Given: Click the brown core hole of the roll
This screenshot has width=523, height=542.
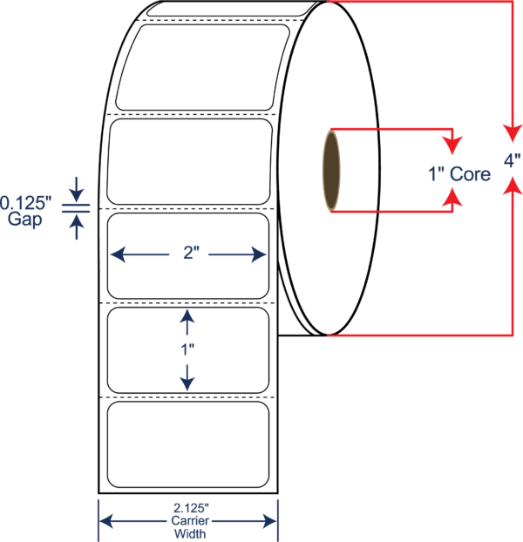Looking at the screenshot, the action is pyautogui.click(x=331, y=171).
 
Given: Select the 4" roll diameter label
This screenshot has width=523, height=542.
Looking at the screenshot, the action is pyautogui.click(x=512, y=160).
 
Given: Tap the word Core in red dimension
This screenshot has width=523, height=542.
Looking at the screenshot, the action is pyautogui.click(x=470, y=174).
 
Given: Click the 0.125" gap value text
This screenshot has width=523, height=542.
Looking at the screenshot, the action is pyautogui.click(x=25, y=203).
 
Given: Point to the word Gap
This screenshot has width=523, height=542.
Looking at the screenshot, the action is pyautogui.click(x=25, y=219).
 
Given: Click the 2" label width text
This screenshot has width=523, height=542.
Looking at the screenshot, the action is pyautogui.click(x=191, y=253).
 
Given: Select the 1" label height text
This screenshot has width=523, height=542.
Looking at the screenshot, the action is pyautogui.click(x=187, y=349).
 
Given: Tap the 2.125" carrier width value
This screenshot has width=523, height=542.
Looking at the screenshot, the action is pyautogui.click(x=191, y=508).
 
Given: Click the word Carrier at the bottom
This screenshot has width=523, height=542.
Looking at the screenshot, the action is pyautogui.click(x=190, y=520).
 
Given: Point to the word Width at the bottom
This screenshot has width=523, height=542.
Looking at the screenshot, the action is pyautogui.click(x=190, y=533).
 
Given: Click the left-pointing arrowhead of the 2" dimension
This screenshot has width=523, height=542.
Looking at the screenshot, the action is pyautogui.click(x=118, y=254).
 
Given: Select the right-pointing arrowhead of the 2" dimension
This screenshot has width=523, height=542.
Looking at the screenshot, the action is pyautogui.click(x=259, y=254).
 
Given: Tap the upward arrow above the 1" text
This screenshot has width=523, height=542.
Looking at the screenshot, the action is pyautogui.click(x=187, y=322).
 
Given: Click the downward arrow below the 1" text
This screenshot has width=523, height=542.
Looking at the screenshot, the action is pyautogui.click(x=187, y=378).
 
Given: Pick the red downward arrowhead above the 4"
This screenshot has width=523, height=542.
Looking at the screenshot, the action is pyautogui.click(x=513, y=133).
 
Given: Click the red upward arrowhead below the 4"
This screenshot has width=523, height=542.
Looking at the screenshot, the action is pyautogui.click(x=513, y=186).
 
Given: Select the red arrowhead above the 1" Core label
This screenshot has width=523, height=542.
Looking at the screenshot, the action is pyautogui.click(x=452, y=146).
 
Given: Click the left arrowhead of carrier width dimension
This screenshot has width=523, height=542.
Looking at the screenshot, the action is pyautogui.click(x=105, y=521).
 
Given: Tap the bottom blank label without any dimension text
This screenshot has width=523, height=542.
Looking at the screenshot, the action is pyautogui.click(x=188, y=444).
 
